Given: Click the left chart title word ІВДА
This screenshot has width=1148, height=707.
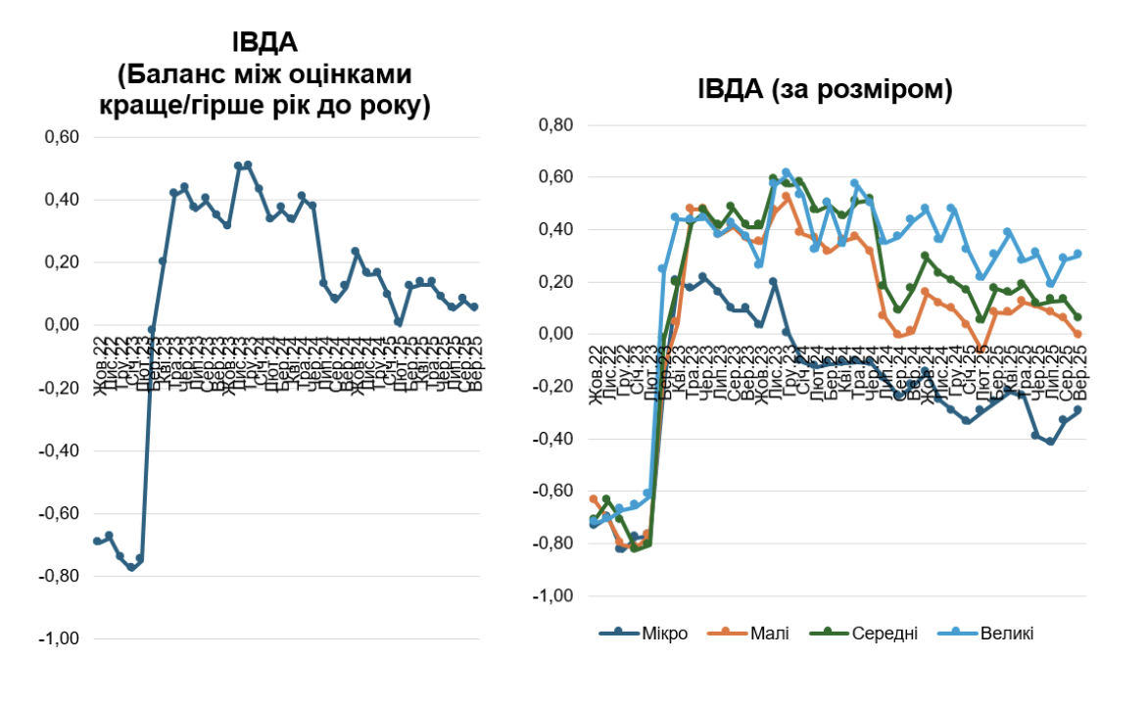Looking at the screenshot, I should click(264, 42).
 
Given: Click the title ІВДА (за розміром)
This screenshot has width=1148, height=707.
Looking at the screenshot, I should click(825, 90).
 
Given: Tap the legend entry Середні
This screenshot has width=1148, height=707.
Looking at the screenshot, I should click(885, 633).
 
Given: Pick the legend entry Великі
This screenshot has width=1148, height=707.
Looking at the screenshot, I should click(1006, 633).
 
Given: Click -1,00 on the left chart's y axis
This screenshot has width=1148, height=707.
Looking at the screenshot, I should click(59, 639).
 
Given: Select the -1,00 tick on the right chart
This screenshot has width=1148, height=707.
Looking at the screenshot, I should click(553, 596).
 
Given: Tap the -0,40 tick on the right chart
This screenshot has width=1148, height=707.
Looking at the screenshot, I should click(553, 440).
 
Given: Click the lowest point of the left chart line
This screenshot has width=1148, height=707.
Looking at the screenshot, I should click(131, 567).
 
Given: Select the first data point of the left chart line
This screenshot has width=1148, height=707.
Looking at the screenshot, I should click(97, 541).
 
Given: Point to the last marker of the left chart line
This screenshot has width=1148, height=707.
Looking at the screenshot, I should click(474, 306).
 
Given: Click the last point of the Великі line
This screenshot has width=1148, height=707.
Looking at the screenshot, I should click(1077, 254).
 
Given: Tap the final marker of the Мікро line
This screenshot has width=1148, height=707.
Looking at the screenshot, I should click(1077, 410).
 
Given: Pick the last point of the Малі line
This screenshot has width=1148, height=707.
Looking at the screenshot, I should click(1077, 334).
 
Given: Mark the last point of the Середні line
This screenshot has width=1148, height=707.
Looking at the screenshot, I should click(1077, 317).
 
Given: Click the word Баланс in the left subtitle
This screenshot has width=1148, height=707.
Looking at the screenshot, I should click(167, 75).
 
